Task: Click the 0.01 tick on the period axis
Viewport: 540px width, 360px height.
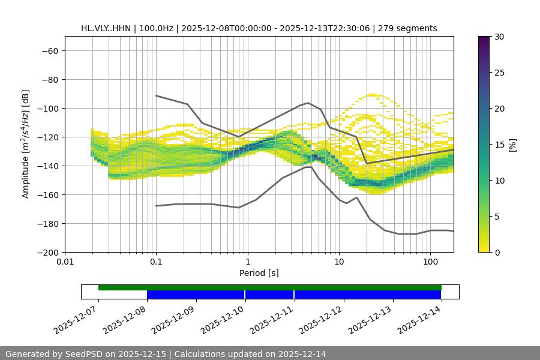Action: [65, 262]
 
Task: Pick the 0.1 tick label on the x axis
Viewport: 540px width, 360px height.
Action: [156, 262]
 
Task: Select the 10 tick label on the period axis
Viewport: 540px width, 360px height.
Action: [339, 262]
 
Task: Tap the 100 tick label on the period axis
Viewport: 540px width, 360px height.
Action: [430, 262]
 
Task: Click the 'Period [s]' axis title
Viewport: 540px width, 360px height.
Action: [259, 273]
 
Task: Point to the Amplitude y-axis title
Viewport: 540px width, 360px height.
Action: [26, 144]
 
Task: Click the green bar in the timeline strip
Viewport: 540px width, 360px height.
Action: [270, 287]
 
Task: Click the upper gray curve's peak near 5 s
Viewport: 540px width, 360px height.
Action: [308, 103]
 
